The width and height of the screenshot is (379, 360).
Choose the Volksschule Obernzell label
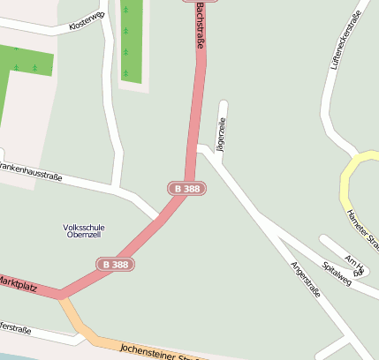[x=84, y=231]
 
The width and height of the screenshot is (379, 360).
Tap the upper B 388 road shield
[x=186, y=189]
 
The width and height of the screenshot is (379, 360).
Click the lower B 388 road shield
[x=115, y=264]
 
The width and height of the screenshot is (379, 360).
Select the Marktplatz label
[x=18, y=283]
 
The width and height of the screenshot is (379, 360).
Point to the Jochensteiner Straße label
[x=159, y=352]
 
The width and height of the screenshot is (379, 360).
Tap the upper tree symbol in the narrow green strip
[x=125, y=10]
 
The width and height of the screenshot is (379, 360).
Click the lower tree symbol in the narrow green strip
[x=125, y=51]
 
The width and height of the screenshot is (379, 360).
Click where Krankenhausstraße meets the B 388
[x=157, y=216]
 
